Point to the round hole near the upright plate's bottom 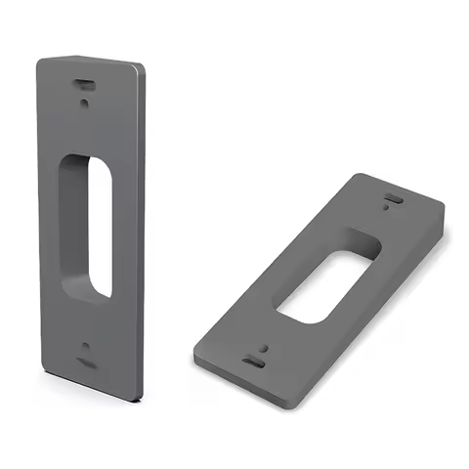tap(87, 348)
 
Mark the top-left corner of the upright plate tap(39, 62)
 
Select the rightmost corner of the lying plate tap(445, 207)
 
